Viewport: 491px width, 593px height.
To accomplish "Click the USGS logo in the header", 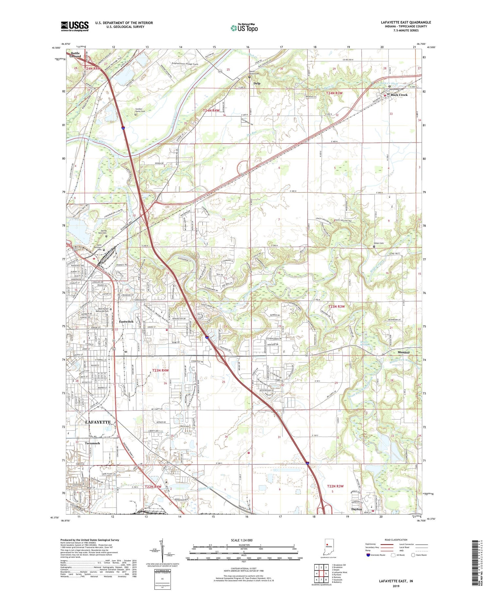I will [75, 26].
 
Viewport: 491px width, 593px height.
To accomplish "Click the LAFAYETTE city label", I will [98, 422].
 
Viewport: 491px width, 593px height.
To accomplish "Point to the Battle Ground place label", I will [75, 55].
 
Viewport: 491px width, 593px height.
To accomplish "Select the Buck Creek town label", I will [399, 95].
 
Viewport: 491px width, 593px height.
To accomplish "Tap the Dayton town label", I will [356, 509].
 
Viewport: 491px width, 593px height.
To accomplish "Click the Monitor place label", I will [404, 352].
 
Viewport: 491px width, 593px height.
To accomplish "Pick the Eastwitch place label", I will [126, 322].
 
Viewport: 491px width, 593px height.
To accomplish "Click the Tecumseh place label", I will [92, 443].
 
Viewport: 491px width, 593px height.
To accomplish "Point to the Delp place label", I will [257, 83].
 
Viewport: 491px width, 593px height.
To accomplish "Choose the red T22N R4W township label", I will [153, 487].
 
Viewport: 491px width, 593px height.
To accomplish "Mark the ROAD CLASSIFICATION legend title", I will [396, 540].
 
